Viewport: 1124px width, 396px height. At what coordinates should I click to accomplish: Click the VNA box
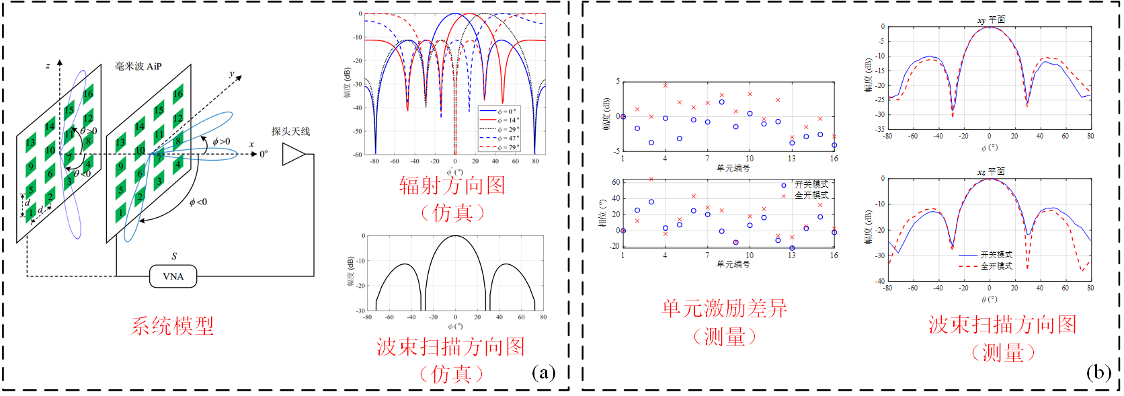click(x=173, y=276)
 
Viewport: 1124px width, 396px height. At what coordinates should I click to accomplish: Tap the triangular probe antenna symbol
click(x=293, y=154)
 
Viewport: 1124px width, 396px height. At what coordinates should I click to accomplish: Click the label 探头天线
click(x=290, y=132)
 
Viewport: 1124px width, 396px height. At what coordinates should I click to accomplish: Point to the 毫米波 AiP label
click(x=138, y=66)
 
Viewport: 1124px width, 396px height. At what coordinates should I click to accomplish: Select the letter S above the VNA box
click(x=174, y=256)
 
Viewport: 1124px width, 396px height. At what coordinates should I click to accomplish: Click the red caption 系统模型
click(x=172, y=326)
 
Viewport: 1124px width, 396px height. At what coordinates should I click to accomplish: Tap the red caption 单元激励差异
click(x=724, y=309)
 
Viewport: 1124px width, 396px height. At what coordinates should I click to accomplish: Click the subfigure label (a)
click(x=543, y=372)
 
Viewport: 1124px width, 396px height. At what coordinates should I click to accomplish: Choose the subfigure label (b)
click(x=1098, y=372)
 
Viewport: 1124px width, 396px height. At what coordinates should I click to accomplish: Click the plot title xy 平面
click(x=991, y=20)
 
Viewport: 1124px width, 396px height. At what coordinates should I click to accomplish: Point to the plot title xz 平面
click(x=991, y=172)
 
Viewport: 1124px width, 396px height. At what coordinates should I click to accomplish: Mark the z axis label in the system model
click(x=48, y=65)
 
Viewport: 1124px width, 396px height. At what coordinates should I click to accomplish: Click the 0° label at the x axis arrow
click(x=264, y=154)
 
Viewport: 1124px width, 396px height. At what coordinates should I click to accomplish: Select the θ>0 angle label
click(x=89, y=131)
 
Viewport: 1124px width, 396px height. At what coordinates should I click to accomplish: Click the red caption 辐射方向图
click(x=452, y=186)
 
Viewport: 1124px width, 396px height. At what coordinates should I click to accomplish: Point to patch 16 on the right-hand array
click(x=177, y=93)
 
